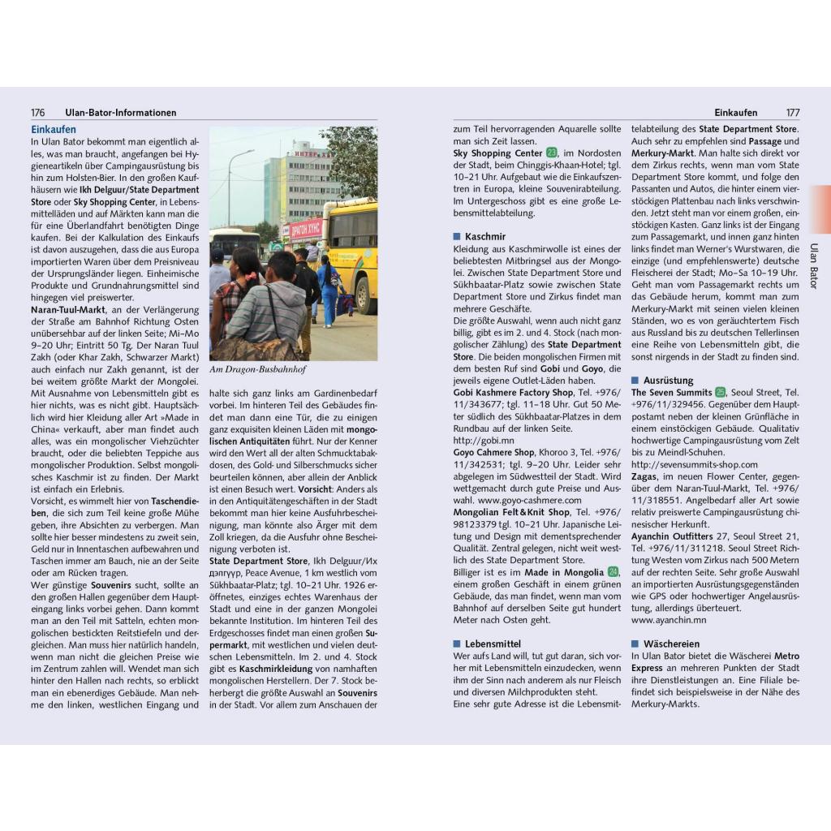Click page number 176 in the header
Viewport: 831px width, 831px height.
point(37,113)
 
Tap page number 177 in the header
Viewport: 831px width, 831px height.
point(793,113)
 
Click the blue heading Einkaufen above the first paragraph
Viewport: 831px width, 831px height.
point(54,129)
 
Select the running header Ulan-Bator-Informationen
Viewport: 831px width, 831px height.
point(120,113)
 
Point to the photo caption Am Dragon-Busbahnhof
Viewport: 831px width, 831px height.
point(257,369)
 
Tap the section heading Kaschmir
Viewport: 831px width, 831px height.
point(484,236)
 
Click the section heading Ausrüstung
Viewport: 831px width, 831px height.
point(668,380)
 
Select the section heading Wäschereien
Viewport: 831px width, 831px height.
point(671,644)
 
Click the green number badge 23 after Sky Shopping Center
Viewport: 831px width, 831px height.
point(552,153)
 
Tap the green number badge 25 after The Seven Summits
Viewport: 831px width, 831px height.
point(720,392)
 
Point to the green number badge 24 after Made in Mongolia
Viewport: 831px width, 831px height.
point(613,572)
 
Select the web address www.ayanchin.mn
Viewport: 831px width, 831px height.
point(669,620)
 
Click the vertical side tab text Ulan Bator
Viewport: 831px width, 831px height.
point(814,265)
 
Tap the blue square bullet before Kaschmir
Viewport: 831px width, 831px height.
point(457,237)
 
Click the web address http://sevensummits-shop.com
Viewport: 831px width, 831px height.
point(694,464)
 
